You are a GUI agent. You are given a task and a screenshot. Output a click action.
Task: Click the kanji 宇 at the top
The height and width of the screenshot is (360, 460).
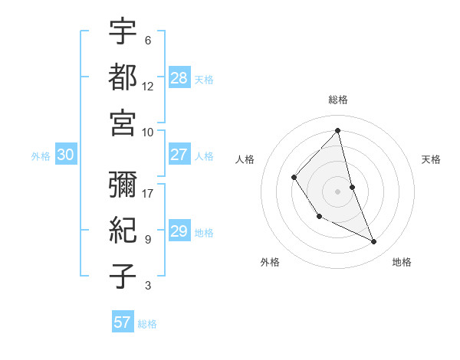[123, 32]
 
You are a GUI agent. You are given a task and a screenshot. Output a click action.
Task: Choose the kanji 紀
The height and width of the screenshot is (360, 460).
[123, 231]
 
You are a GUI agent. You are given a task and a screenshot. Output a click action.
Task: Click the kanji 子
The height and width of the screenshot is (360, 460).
[123, 277]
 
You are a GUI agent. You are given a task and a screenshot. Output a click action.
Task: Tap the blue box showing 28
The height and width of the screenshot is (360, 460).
[179, 77]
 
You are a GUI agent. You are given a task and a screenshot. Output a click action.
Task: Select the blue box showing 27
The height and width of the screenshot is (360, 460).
[179, 155]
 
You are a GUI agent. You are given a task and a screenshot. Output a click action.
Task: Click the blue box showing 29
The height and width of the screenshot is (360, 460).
[179, 231]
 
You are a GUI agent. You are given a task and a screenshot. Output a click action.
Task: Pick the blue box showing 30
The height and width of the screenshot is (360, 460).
[65, 155]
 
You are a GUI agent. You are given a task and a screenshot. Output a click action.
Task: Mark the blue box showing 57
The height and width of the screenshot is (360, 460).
[122, 322]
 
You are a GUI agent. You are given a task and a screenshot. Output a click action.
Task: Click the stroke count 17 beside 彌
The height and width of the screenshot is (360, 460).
[148, 193]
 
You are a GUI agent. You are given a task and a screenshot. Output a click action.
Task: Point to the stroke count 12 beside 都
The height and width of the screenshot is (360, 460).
[148, 86]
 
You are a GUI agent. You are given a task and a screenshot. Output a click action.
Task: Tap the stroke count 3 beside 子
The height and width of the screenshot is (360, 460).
[148, 286]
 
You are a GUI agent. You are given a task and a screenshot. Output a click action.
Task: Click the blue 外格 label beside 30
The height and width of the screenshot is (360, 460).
[41, 156]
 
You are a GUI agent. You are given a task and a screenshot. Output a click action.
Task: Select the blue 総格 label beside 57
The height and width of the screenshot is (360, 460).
[147, 324]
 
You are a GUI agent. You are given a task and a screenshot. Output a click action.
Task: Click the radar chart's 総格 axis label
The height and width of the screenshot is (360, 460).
[338, 100]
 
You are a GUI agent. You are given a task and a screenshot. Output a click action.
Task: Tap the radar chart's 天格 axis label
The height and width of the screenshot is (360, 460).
[432, 159]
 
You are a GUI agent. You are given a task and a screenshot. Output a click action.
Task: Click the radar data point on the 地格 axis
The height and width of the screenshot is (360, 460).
[374, 242]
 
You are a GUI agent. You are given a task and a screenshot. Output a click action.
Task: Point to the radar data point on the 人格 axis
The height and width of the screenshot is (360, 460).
[294, 178]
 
